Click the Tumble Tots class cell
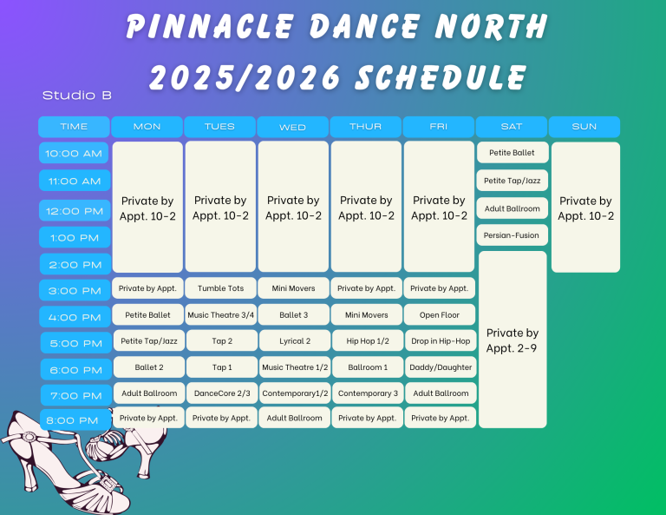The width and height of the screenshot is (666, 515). click(220, 288)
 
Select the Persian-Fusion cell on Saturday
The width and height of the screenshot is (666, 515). click(512, 235)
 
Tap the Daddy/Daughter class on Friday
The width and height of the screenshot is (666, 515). click(441, 367)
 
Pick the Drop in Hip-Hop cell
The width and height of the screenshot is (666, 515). click(441, 340)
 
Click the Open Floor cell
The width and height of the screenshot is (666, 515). click(439, 314)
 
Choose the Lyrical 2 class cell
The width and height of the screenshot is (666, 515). click(295, 340)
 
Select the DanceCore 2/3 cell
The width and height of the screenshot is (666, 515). click(222, 393)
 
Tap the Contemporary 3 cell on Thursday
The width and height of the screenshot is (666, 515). click(368, 393)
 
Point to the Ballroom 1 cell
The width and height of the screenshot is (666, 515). click(368, 367)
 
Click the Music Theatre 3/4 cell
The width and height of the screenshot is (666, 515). click(221, 314)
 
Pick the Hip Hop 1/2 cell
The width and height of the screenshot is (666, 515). click(368, 340)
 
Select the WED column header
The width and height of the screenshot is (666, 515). click(292, 127)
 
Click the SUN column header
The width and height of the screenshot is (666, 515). click(584, 127)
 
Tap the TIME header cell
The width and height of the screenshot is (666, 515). click(74, 127)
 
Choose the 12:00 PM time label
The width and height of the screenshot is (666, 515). click(75, 210)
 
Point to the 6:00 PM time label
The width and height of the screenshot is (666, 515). click(76, 370)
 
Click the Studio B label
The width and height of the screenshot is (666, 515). click(77, 96)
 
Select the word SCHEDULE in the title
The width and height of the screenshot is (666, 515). click(441, 77)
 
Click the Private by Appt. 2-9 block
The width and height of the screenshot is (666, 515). click(513, 340)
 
